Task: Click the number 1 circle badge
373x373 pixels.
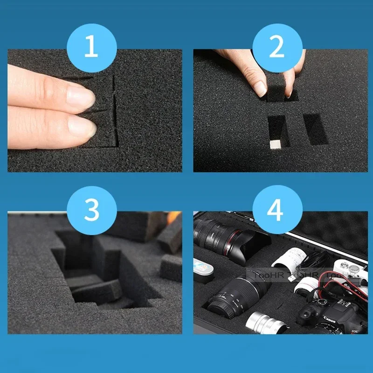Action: pos(91,48)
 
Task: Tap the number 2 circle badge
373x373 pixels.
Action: pos(277,48)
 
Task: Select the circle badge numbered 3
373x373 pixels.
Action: pos(91,209)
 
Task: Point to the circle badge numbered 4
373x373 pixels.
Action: pos(277,209)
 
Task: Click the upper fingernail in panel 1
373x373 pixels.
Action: pos(82,95)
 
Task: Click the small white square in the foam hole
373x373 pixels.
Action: pos(276,144)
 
